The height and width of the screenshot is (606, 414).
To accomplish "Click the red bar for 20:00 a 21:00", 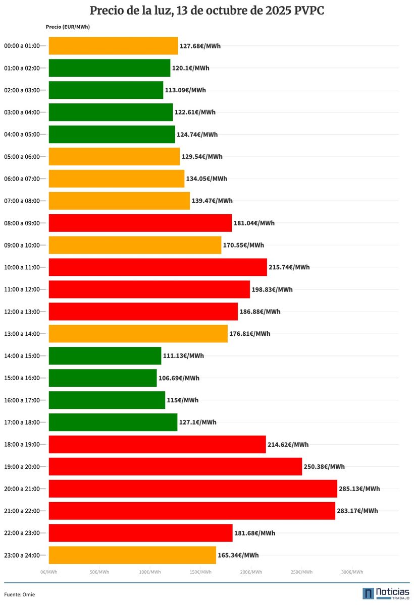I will (x=192, y=489).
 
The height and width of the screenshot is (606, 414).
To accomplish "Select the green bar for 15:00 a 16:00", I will (x=102, y=378).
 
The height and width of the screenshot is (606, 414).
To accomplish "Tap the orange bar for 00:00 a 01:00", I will (x=113, y=46).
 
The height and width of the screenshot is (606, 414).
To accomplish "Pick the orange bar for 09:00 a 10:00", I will (x=135, y=245).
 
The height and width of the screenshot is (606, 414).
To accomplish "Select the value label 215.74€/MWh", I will (x=289, y=267).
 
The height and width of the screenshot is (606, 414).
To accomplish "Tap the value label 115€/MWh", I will (x=183, y=400).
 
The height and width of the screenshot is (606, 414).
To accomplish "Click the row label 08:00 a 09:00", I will (x=22, y=223).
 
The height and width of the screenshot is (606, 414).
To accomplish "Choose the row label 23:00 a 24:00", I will (x=22, y=555).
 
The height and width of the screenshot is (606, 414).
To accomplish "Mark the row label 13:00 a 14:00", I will (x=22, y=334).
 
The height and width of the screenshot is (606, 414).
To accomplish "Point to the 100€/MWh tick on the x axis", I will (x=150, y=572).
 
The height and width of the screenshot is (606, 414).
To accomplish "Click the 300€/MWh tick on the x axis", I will (x=352, y=572).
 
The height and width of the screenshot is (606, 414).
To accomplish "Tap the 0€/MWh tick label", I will (x=49, y=572).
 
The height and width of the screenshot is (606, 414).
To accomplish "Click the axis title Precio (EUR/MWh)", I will (x=68, y=27).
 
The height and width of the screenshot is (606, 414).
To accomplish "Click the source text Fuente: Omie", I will (x=20, y=594).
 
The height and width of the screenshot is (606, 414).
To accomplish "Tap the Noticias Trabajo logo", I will (x=386, y=593).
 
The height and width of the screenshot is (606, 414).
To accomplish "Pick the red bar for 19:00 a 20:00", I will (x=175, y=466).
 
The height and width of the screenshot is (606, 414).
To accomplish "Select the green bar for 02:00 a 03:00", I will (x=106, y=90).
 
